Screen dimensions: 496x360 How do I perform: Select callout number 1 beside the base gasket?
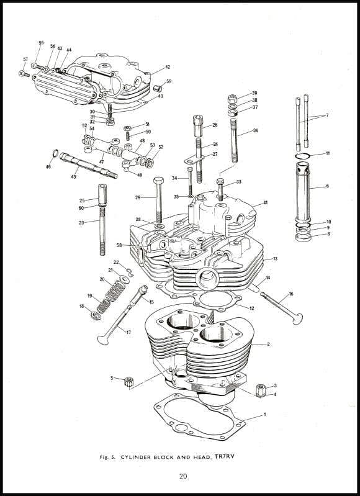click(x=264, y=414)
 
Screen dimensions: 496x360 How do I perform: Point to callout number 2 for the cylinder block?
click(x=268, y=344)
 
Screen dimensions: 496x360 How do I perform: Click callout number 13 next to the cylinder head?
click(x=275, y=258)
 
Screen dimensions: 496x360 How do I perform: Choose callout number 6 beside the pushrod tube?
click(x=327, y=186)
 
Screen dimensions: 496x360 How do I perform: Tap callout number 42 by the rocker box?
click(x=168, y=67)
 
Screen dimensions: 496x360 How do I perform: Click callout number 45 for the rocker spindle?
click(x=73, y=177)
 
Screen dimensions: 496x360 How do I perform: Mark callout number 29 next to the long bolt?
click(x=138, y=197)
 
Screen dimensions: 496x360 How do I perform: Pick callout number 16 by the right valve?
click(x=290, y=294)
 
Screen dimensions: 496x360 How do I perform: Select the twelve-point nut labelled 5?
click(x=130, y=380)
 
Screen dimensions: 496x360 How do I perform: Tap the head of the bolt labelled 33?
click(x=220, y=181)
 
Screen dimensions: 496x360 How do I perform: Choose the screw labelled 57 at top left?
click(x=24, y=74)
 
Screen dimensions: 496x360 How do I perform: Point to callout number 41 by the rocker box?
click(x=265, y=203)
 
